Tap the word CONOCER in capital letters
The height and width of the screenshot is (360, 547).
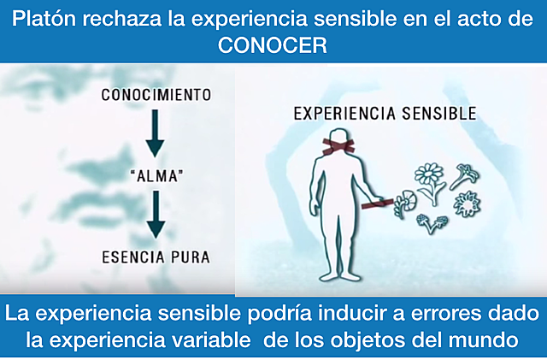tap(273, 46)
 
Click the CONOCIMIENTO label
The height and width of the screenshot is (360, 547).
tap(156, 94)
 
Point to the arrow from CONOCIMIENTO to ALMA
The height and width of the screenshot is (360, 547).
tap(156, 133)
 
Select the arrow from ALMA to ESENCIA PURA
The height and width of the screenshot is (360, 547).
tap(156, 214)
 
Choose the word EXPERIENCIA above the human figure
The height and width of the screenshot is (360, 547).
tap(334, 112)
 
